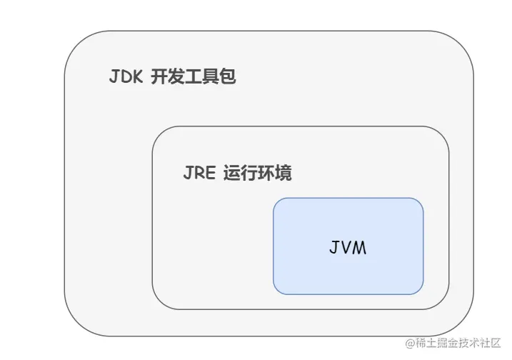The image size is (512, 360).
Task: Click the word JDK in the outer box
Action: pyautogui.click(x=126, y=77)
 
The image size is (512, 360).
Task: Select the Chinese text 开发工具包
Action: pyautogui.click(x=194, y=77)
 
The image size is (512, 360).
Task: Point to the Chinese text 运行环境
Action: pyautogui.click(x=257, y=174)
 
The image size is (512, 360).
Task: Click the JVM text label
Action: pyautogui.click(x=348, y=248)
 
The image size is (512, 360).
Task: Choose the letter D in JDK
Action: pyautogui.click(x=126, y=77)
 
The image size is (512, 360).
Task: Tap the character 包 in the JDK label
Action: pyautogui.click(x=228, y=77)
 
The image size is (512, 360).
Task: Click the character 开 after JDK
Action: pyautogui.click(x=159, y=77)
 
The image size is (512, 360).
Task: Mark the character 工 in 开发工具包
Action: pyautogui.click(x=194, y=77)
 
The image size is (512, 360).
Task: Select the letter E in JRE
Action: pyautogui.click(x=210, y=174)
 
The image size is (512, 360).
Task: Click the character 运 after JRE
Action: pyautogui.click(x=231, y=174)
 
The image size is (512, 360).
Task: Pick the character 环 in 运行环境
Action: pyautogui.click(x=266, y=174)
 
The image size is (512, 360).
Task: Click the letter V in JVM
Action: pyautogui.click(x=348, y=248)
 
